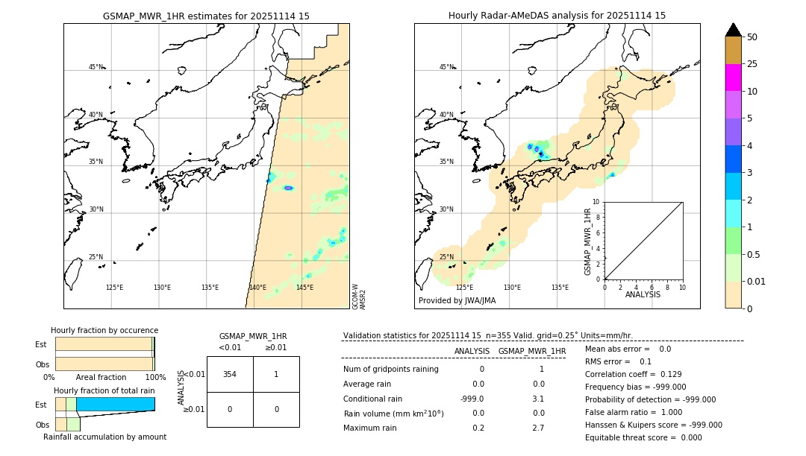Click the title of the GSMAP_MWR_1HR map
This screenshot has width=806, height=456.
206,16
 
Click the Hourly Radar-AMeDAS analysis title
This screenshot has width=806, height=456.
557,16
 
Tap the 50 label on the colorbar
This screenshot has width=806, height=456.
752,37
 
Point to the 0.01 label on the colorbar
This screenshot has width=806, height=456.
757,281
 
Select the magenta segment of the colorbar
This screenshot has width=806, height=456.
733,77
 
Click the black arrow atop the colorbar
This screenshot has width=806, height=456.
733,30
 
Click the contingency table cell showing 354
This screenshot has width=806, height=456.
230,374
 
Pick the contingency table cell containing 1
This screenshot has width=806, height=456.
276,374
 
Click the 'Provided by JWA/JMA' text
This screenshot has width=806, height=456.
457,300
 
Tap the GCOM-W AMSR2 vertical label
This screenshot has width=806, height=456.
359,296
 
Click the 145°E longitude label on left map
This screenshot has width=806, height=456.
304,288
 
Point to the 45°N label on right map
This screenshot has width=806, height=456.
446,67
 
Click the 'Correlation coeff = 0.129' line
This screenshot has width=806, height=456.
633,374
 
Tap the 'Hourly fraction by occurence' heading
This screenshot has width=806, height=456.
104,330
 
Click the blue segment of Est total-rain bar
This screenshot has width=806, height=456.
115,404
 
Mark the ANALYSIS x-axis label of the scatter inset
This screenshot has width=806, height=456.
643,294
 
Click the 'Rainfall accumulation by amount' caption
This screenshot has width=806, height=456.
104,437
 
